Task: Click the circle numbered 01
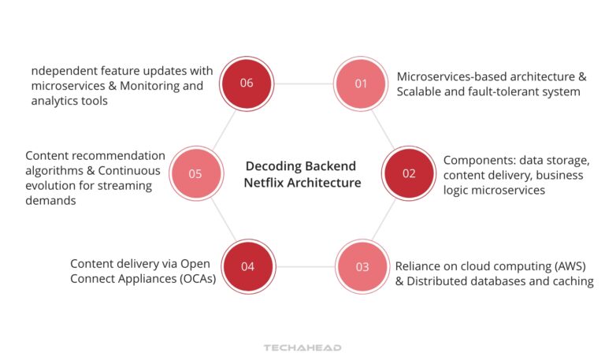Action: [x=361, y=83]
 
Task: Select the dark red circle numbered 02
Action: [x=409, y=174]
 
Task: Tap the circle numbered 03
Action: [x=362, y=266]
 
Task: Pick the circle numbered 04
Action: [x=247, y=266]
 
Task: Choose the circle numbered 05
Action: [x=195, y=174]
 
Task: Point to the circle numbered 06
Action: [x=247, y=83]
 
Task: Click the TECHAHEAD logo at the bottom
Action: [x=302, y=347]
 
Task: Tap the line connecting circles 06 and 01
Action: [x=304, y=83]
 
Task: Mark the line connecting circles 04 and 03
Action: [x=305, y=266]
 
